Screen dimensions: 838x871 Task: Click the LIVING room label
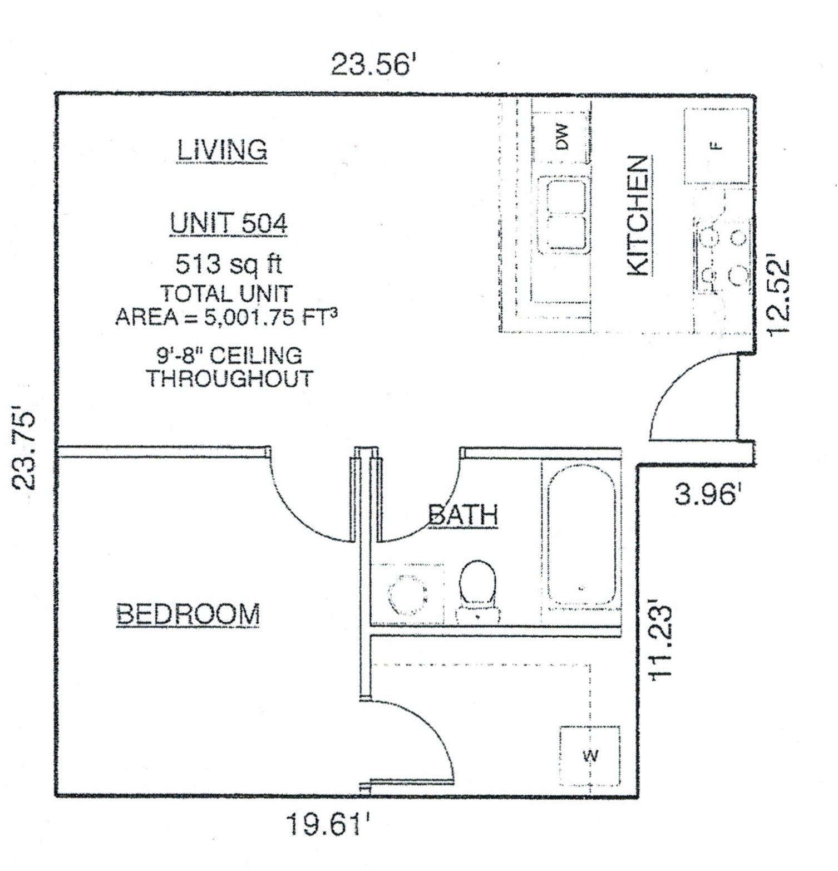(222, 150)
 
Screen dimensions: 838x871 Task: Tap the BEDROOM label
(188, 614)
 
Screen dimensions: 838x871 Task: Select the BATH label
(463, 515)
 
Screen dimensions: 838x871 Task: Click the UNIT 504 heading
(228, 224)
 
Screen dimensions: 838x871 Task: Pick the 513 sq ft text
(229, 264)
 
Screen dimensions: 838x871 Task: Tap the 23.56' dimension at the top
(373, 64)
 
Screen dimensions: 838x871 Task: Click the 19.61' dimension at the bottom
(328, 824)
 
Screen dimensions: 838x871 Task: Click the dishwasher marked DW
(561, 137)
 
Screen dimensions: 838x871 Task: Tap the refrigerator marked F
(717, 146)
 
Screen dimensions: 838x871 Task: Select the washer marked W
(590, 755)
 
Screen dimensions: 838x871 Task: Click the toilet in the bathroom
(477, 591)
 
